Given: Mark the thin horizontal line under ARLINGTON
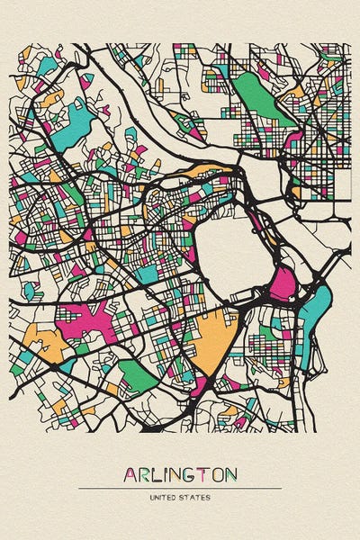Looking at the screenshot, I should point(180,489).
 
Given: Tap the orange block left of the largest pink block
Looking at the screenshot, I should point(40,342).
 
